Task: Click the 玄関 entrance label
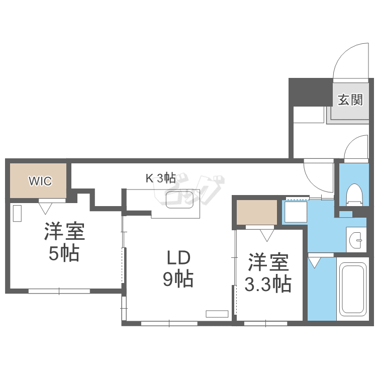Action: pyautogui.click(x=350, y=100)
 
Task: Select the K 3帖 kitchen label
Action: pyautogui.click(x=160, y=177)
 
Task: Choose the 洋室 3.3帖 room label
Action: pyautogui.click(x=268, y=274)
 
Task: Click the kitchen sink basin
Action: pyautogui.click(x=183, y=200)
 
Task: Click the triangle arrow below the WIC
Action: pyautogui.click(x=46, y=205)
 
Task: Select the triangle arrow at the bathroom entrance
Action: pyautogui.click(x=315, y=262)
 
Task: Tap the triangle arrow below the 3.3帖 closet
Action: pyautogui.click(x=267, y=233)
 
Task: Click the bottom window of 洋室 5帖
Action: pyautogui.click(x=59, y=291)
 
